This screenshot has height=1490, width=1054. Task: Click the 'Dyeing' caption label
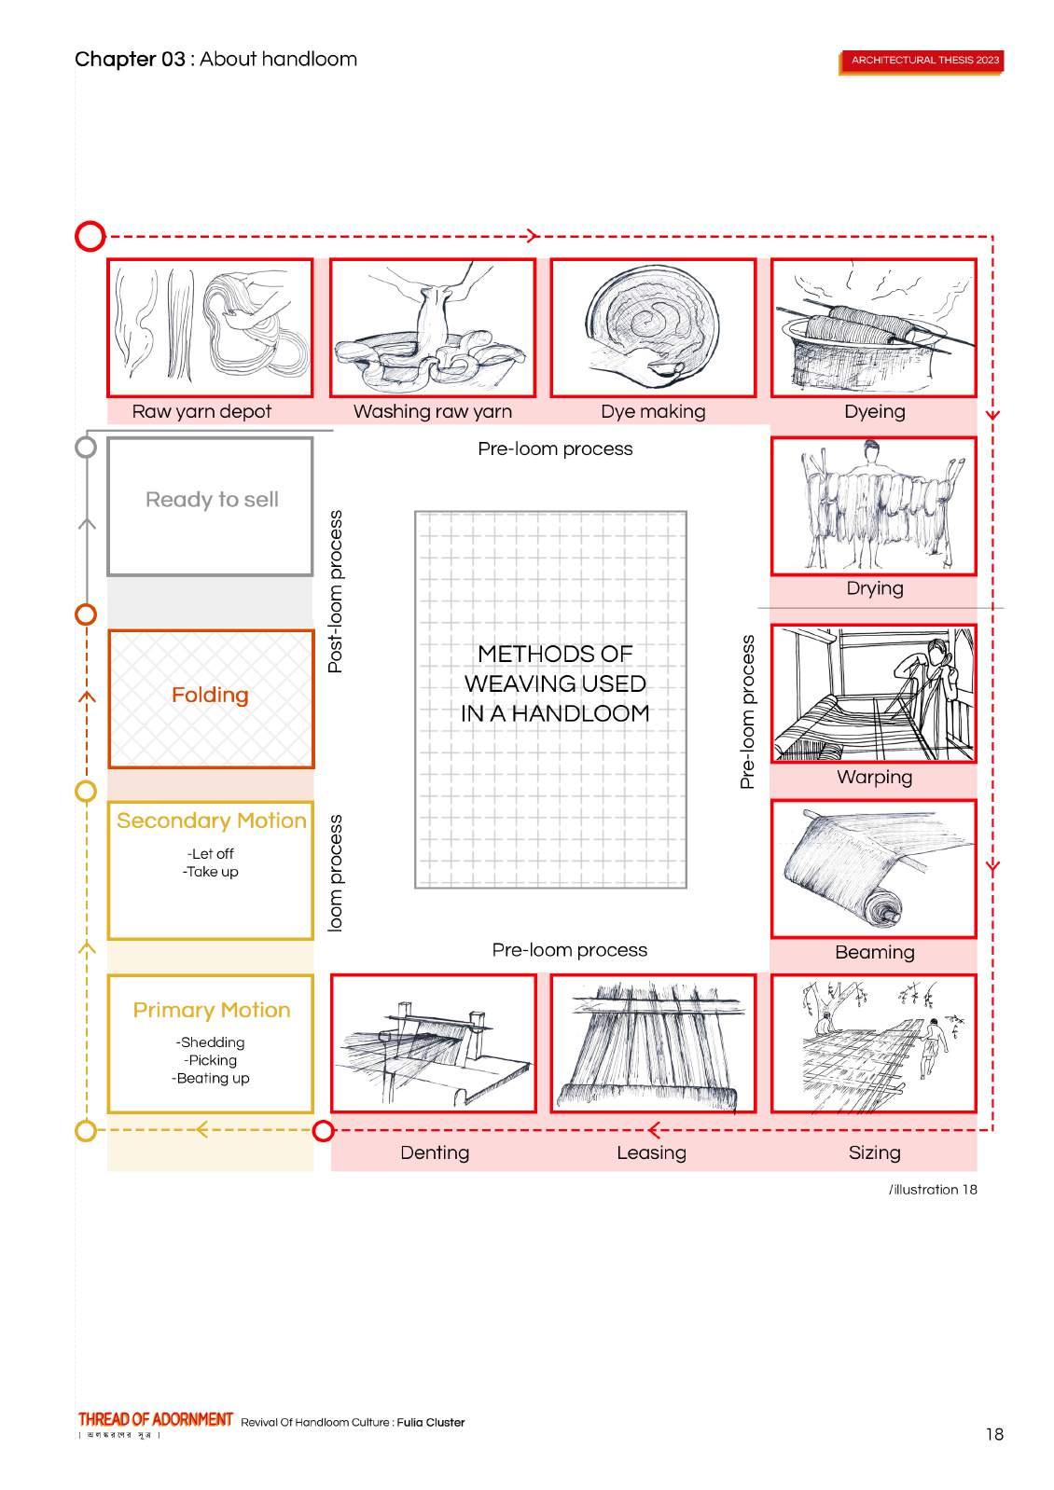(x=874, y=411)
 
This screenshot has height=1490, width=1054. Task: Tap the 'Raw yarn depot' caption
(x=201, y=411)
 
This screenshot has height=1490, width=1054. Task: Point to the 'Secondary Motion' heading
(x=211, y=821)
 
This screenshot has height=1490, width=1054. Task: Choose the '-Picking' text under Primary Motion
(x=211, y=1060)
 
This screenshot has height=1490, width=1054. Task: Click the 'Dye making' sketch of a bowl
(x=653, y=326)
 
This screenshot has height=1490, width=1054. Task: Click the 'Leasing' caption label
(x=651, y=1152)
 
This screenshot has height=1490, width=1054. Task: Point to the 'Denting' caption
(x=435, y=1152)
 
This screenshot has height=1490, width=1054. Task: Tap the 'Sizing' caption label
(x=874, y=1152)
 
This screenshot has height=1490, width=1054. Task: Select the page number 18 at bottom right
(x=994, y=1434)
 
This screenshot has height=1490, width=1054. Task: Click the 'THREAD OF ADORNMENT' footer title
(x=156, y=1419)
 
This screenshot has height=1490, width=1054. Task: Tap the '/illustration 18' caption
(x=933, y=1190)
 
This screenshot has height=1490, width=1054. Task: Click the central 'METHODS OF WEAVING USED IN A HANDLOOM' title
(x=555, y=683)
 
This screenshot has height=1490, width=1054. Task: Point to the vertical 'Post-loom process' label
(x=336, y=591)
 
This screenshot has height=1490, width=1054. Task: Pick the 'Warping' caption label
(x=874, y=777)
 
